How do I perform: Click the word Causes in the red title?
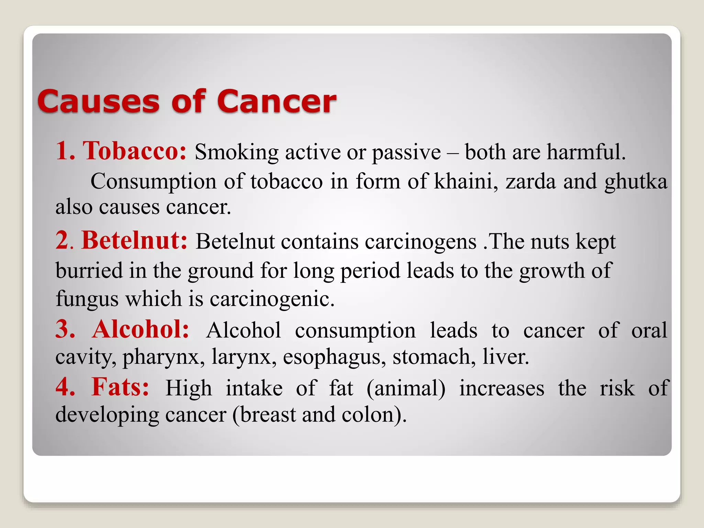(99, 102)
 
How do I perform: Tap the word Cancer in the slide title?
(276, 102)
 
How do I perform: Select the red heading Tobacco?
(134, 151)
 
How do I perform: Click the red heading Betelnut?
(134, 240)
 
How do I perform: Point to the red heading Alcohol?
(141, 330)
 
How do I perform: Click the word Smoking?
(236, 152)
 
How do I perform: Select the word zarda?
(530, 181)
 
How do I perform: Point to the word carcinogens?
(420, 242)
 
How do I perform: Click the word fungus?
(87, 299)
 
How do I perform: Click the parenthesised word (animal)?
(406, 389)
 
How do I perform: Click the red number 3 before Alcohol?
(65, 330)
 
